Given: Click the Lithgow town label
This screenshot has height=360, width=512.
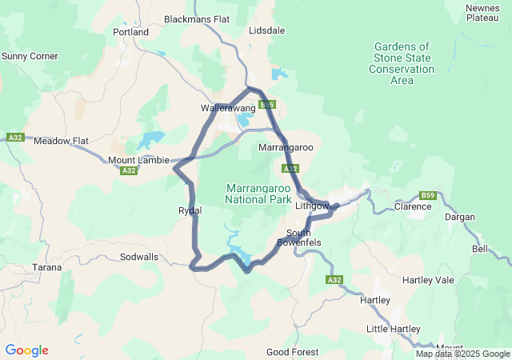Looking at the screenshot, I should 312,206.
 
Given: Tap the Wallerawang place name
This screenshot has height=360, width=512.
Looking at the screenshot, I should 228,108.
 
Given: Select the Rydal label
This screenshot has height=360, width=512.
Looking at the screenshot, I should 190,210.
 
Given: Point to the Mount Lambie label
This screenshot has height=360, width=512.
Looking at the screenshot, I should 138,160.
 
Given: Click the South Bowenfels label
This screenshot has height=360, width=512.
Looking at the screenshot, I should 299,237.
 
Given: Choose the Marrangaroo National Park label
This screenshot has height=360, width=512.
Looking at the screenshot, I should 258,193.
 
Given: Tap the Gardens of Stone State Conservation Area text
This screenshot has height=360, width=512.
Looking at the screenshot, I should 402,63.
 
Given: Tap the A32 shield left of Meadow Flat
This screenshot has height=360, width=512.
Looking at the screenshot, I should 14,138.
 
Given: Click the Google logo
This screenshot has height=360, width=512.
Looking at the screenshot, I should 26,350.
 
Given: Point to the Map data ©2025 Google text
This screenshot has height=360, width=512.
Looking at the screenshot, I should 462,354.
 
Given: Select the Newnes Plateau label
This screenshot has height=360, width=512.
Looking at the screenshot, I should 483,13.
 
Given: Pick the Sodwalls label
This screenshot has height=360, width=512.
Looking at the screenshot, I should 138,257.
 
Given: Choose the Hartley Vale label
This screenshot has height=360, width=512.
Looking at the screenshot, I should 428,280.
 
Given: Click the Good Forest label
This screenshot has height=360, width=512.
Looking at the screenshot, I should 292,352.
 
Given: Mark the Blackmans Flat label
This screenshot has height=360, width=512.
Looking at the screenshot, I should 196,18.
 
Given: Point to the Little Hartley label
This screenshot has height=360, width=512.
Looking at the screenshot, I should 393,329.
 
